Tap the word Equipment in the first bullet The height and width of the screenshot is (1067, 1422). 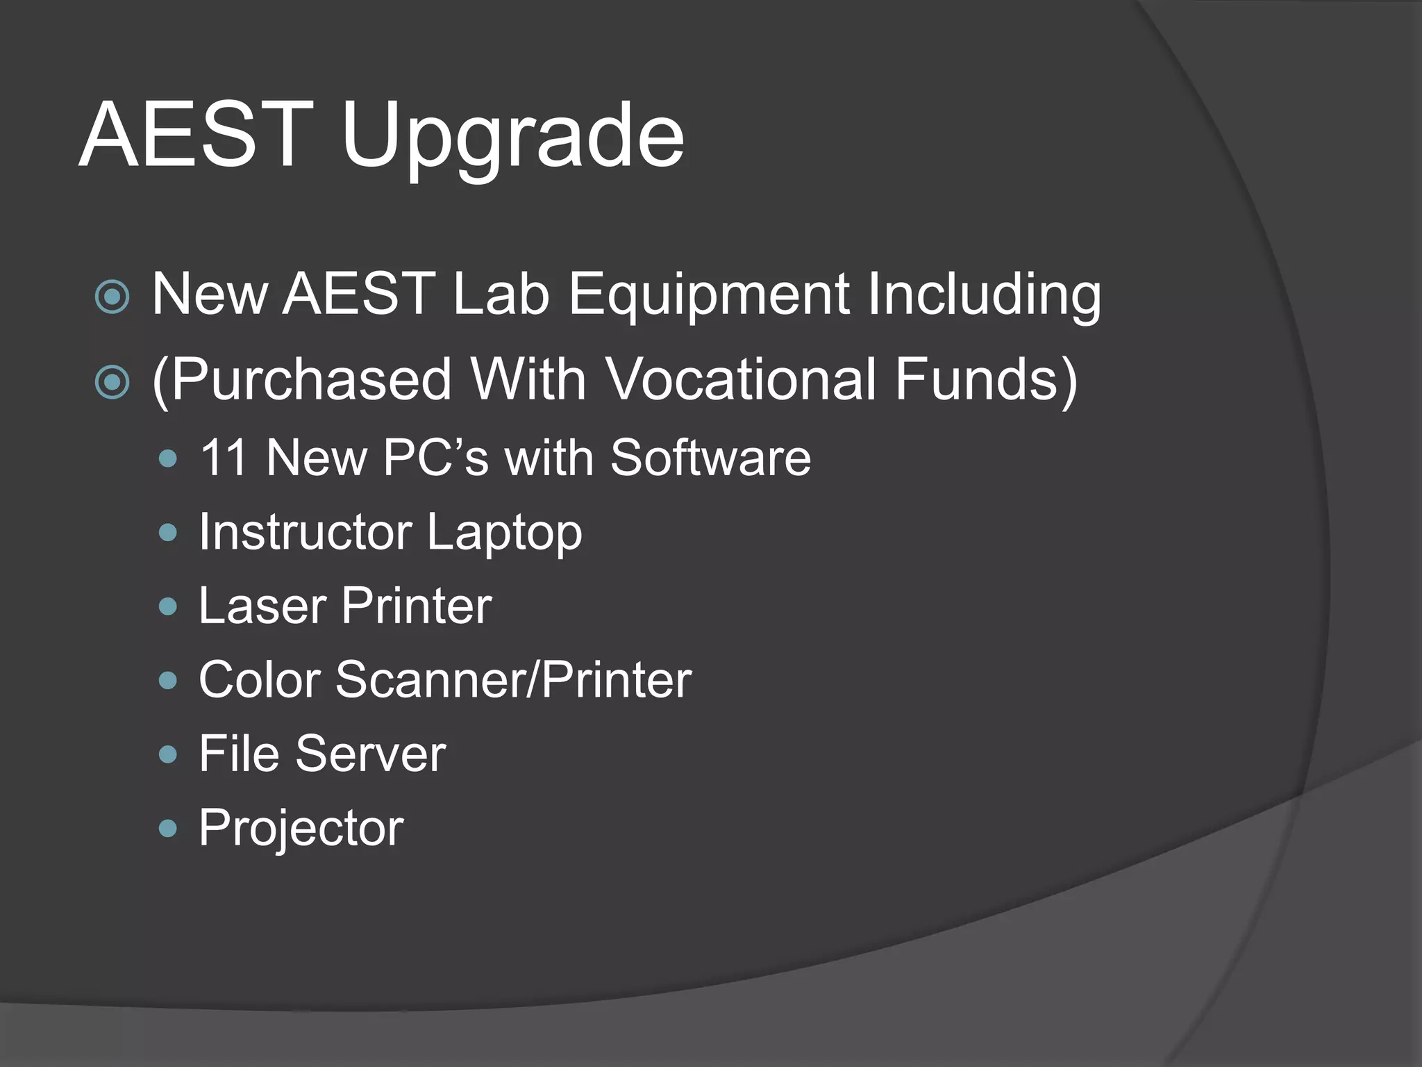coord(708,295)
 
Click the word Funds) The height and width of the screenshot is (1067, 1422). coord(986,380)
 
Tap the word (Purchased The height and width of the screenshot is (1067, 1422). coord(301,380)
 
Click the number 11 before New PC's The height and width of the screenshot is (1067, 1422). coord(224,458)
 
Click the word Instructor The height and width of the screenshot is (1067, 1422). coord(306,532)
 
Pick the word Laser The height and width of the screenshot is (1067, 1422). coord(262,606)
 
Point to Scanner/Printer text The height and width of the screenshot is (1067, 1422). coord(514,680)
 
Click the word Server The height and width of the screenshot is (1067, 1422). coord(371,754)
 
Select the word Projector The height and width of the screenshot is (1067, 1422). coord(301,829)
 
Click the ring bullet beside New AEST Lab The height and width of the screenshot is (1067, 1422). coord(112,297)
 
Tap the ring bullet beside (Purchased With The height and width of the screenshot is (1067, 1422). coord(112,383)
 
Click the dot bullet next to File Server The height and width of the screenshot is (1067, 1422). coord(168,754)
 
